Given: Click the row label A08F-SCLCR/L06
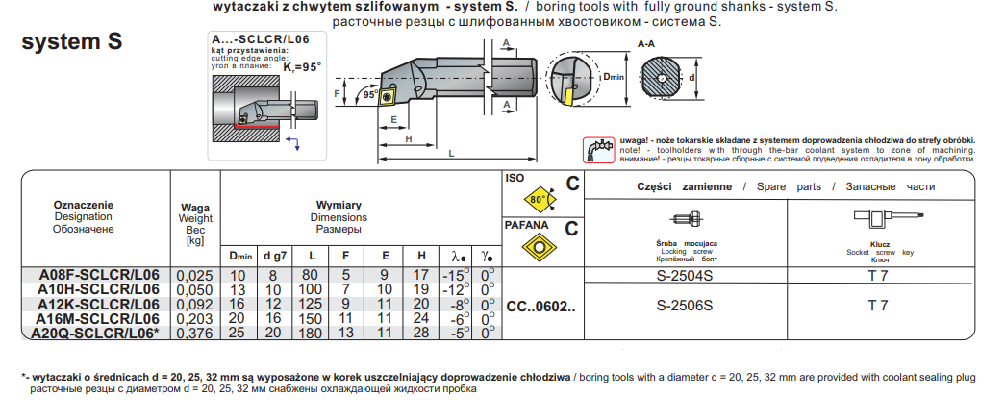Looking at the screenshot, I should [x=97, y=275].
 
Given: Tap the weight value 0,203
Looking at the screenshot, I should [x=195, y=318].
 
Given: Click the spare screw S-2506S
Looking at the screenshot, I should [x=685, y=306].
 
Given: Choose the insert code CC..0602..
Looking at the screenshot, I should [x=540, y=307].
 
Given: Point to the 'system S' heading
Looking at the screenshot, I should [x=71, y=42].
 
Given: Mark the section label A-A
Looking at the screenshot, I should [x=648, y=44].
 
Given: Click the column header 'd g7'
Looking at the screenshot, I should [x=274, y=256].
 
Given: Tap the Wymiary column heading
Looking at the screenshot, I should [x=339, y=205].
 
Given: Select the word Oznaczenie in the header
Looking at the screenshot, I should [x=84, y=205].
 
